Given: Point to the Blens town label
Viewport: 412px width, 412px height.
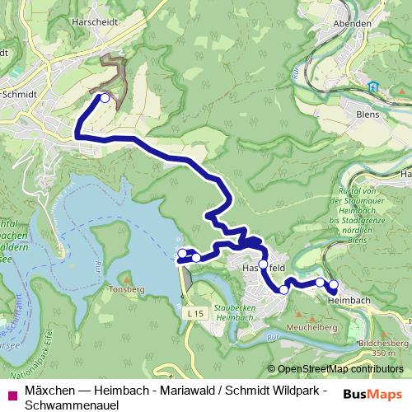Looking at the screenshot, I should point(367,115).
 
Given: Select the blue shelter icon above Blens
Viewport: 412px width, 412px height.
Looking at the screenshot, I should point(373,86).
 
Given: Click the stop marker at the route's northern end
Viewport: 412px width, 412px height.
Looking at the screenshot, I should point(105,98).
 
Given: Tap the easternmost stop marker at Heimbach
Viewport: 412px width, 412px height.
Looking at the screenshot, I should point(334,286).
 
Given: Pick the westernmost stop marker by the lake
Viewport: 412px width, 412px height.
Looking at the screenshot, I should point(181,253).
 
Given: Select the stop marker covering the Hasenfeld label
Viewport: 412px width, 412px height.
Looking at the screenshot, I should point(263,265).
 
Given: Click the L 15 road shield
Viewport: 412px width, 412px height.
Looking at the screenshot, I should point(194,314).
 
